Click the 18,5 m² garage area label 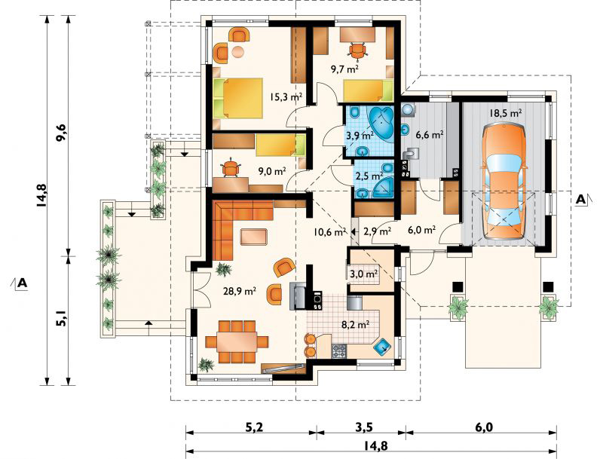[x=505, y=113]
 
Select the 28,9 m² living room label [x=240, y=292]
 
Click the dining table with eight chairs [x=237, y=341]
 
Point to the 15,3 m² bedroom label [x=286, y=97]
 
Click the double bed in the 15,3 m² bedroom [x=238, y=98]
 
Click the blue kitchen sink [x=384, y=346]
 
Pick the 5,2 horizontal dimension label [x=254, y=427]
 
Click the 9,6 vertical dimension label [x=61, y=133]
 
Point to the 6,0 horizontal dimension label [x=483, y=427]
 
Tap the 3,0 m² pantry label [x=363, y=274]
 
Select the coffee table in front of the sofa [x=254, y=236]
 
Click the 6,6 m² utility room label [x=430, y=134]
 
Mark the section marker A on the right [x=582, y=199]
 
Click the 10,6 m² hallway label [x=329, y=231]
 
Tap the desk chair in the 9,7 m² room [x=357, y=50]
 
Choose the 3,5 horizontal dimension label [x=364, y=427]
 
